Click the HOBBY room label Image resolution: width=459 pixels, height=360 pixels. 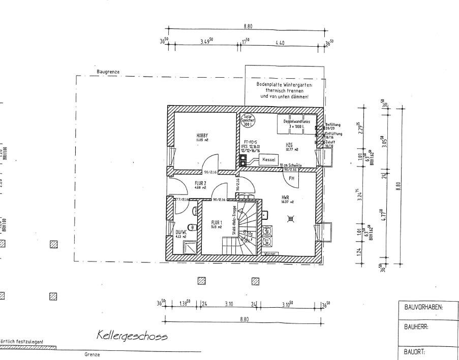pyautogui.click(x=202, y=136)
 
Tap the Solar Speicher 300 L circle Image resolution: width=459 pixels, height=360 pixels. pyautogui.click(x=248, y=120)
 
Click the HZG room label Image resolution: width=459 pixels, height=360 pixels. pyautogui.click(x=289, y=144)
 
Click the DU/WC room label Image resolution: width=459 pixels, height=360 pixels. pyautogui.click(x=181, y=231)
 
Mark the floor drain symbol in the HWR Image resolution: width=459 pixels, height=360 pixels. pyautogui.click(x=290, y=218)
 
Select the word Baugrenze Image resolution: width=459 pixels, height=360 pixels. pyautogui.click(x=108, y=72)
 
